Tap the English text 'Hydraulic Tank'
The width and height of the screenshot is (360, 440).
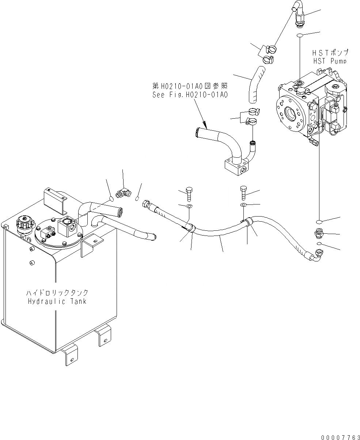57,302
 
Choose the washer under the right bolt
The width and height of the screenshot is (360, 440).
244,205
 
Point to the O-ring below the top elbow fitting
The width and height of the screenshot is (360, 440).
300,35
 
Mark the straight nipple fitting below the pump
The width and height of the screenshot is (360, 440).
319,233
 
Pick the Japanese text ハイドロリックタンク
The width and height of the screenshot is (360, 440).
57,293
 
